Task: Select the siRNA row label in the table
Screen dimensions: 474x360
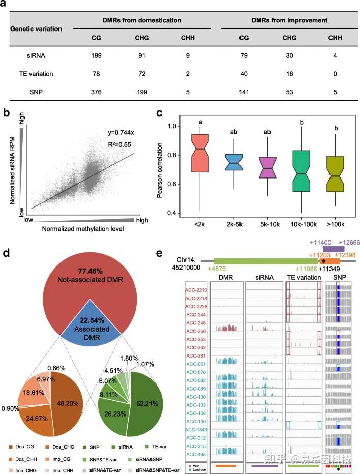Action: click(25, 54)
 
